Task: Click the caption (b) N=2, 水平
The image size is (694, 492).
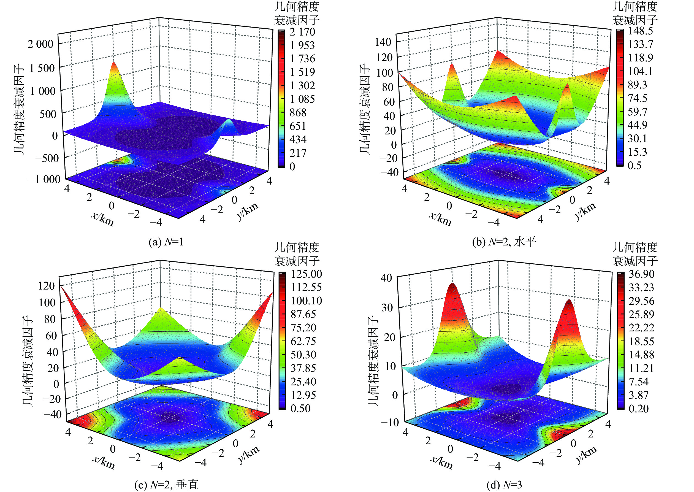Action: [504, 242]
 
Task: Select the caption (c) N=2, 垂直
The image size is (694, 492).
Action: [166, 485]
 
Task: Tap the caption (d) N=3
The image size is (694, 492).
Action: [504, 485]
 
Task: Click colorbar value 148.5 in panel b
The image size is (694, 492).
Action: [640, 31]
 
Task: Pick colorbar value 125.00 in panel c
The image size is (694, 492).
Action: [306, 274]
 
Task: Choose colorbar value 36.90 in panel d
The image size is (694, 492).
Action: [641, 274]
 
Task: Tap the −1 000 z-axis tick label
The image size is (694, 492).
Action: [44, 179]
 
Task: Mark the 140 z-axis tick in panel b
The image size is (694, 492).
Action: [383, 42]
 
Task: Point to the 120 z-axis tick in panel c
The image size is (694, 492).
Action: [46, 285]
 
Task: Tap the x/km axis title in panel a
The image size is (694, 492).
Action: [103, 219]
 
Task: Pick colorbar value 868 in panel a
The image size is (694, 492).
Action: [298, 113]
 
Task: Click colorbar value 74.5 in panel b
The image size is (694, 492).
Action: [637, 98]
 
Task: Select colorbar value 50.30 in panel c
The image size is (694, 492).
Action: [303, 355]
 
